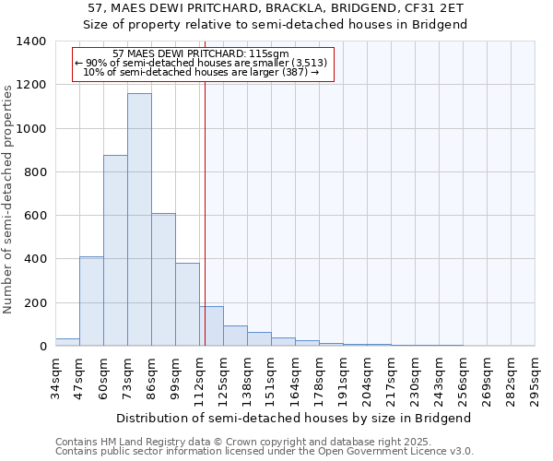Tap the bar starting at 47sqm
coord(91,301)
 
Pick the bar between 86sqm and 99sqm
coord(163,279)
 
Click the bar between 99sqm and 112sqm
coord(187,304)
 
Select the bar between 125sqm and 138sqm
coord(235,336)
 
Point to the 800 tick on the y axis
coord(34,172)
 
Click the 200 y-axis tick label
coord(34,303)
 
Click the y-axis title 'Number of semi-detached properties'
coord(9,198)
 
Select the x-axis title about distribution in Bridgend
coord(295,418)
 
